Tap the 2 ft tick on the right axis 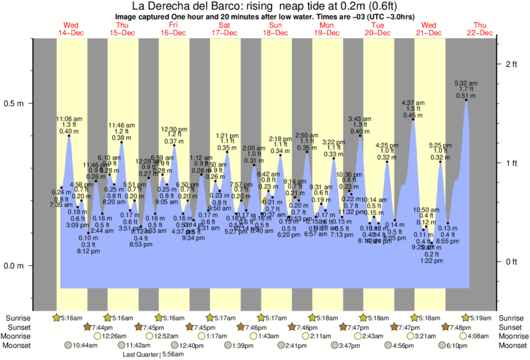tap(511, 64)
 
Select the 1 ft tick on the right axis tap(511, 163)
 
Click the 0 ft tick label tap(511, 261)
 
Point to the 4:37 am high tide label tap(412, 103)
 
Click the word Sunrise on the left tap(16, 317)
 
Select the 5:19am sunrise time tap(482, 317)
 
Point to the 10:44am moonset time tap(85, 345)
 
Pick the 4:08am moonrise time tap(479, 336)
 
